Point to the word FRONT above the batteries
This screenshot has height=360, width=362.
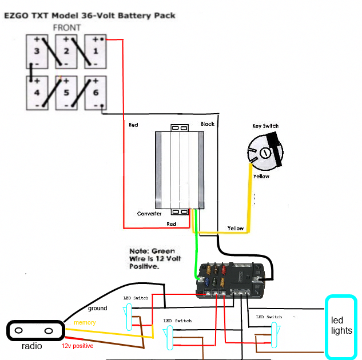coord(66,27)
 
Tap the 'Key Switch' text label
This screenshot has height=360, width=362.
coord(266,126)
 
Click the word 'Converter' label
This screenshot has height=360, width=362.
coord(149,214)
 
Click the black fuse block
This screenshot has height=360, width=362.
coord(232,280)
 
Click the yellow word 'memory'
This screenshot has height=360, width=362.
coord(85,323)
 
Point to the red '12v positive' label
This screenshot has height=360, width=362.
coord(77,346)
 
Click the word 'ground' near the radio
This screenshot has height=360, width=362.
coord(97,309)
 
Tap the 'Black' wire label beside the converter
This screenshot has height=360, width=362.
coord(207,124)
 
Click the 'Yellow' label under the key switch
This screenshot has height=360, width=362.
coord(261,177)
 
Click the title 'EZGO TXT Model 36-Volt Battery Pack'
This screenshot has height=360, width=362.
coord(90,15)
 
